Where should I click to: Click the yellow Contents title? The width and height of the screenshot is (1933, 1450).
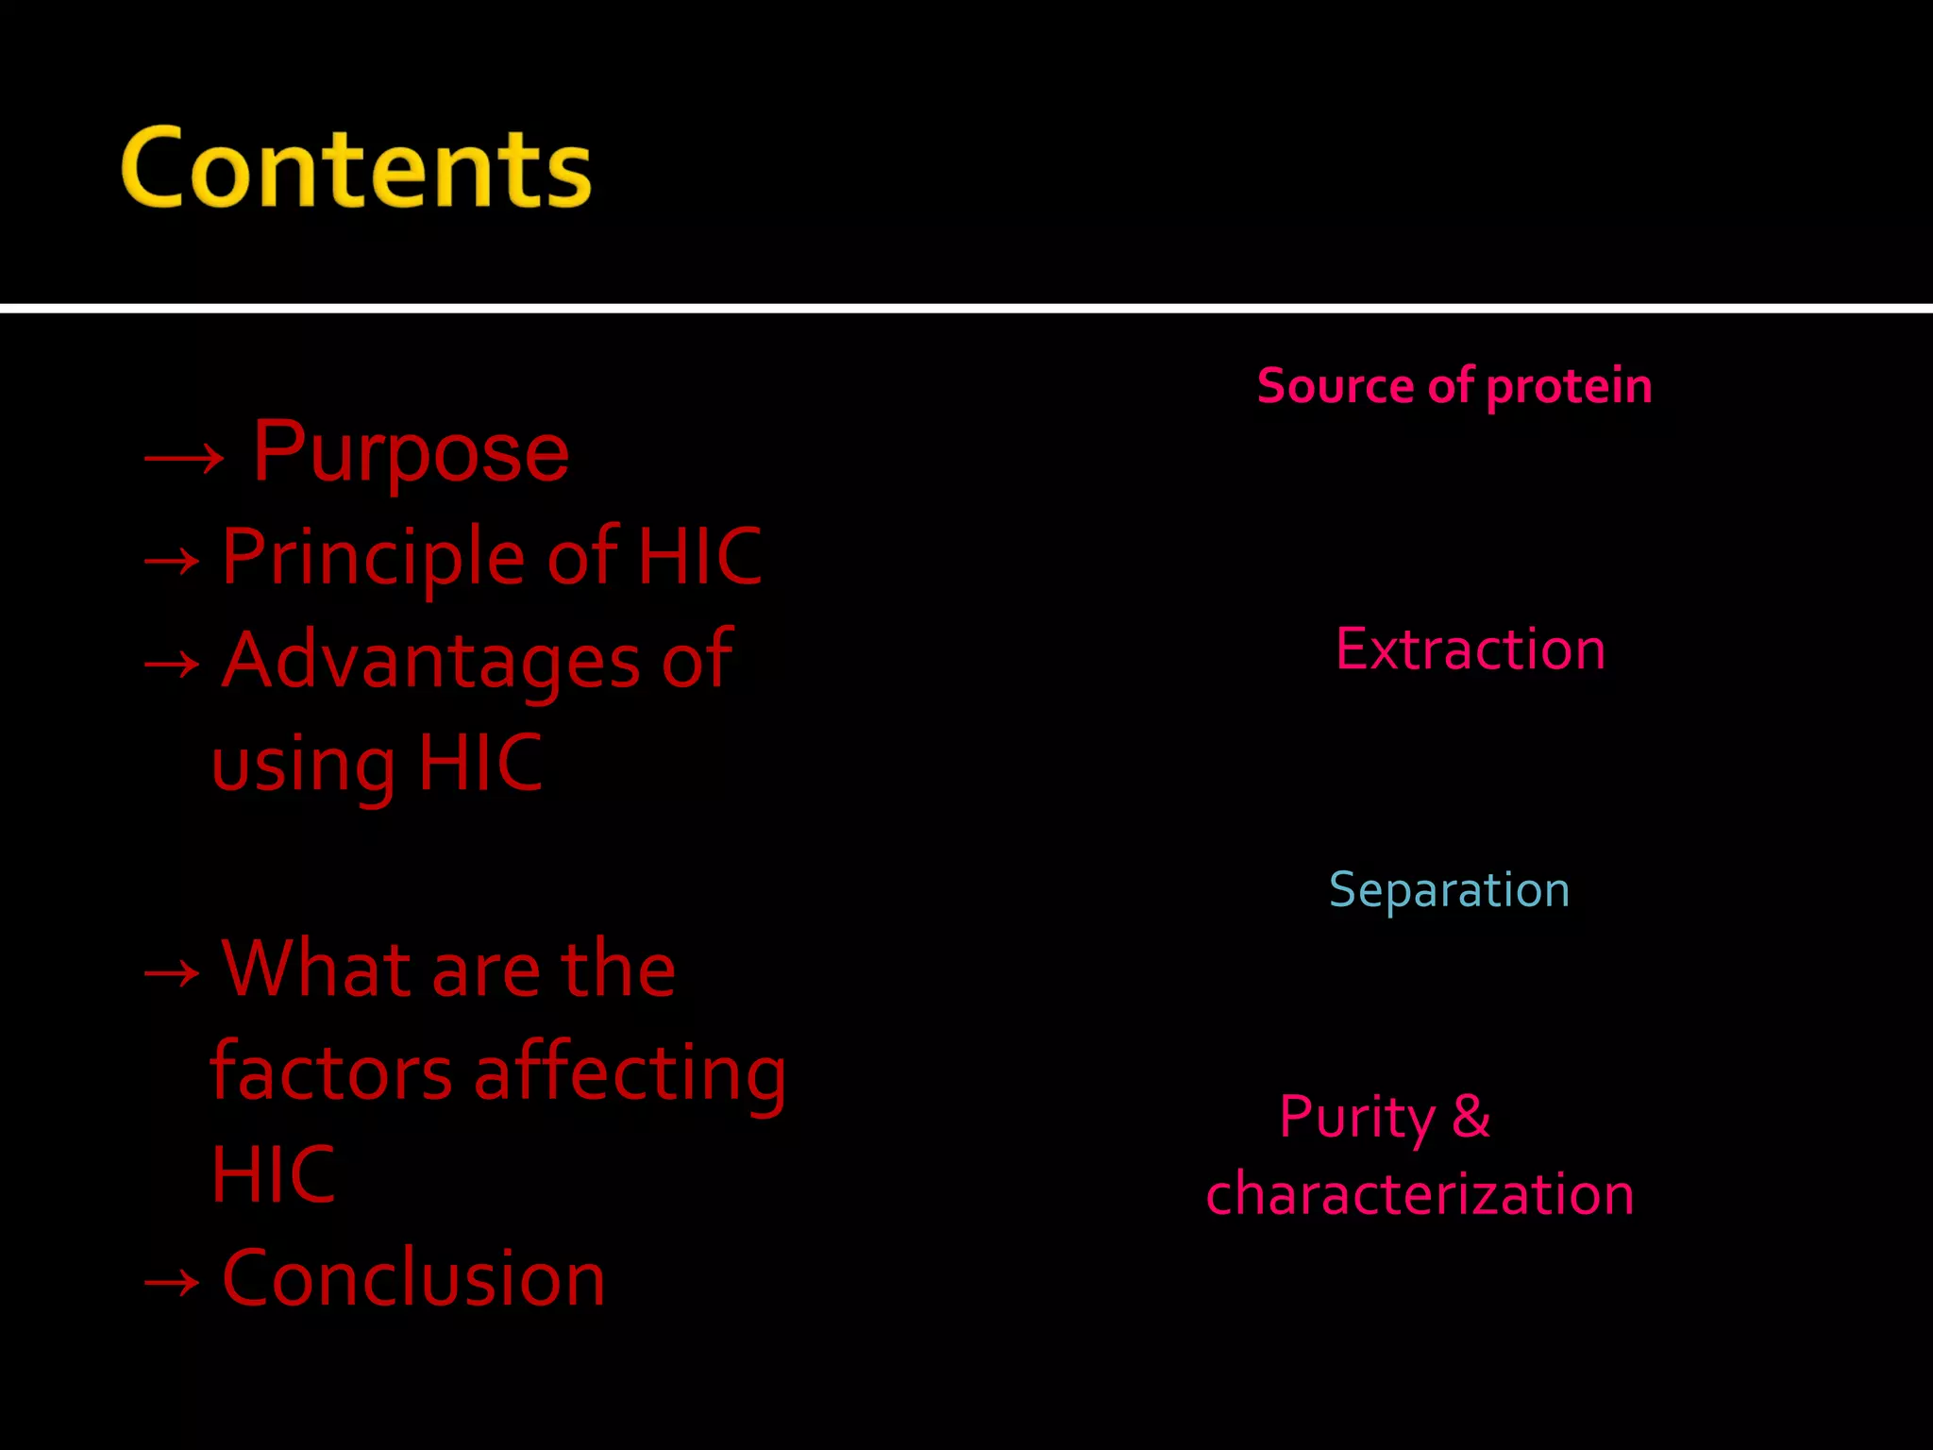point(356,168)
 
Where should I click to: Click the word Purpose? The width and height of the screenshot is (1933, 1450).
point(411,453)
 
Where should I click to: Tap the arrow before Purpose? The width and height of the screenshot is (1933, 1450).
point(184,459)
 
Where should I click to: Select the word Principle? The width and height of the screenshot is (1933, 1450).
point(372,557)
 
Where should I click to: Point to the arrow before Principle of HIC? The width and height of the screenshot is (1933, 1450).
point(172,563)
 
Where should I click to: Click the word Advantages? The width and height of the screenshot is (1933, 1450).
point(430,661)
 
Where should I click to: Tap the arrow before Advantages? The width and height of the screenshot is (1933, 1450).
point(172,666)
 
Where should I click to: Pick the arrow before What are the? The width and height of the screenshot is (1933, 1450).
point(172,973)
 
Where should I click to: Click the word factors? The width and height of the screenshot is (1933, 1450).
point(330,1073)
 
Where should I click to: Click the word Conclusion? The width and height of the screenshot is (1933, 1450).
point(413,1278)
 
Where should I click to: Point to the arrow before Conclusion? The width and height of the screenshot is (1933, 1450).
point(172,1283)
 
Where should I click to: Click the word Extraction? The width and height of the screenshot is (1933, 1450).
point(1471,649)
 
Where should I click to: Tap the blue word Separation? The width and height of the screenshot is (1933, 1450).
point(1450,890)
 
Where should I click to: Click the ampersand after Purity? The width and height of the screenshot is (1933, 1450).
point(1471,1117)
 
